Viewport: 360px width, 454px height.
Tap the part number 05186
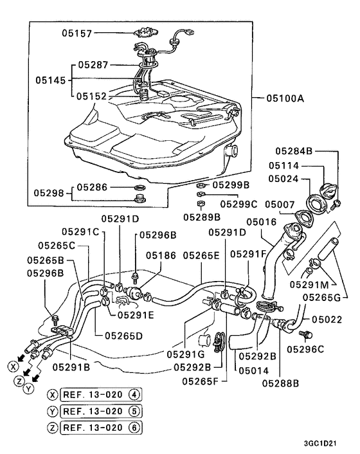160,255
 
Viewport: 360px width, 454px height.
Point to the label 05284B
294,151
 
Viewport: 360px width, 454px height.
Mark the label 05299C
239,204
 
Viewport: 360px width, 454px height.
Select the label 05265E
201,255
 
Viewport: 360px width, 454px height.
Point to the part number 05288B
280,383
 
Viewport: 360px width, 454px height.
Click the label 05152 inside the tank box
92,96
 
